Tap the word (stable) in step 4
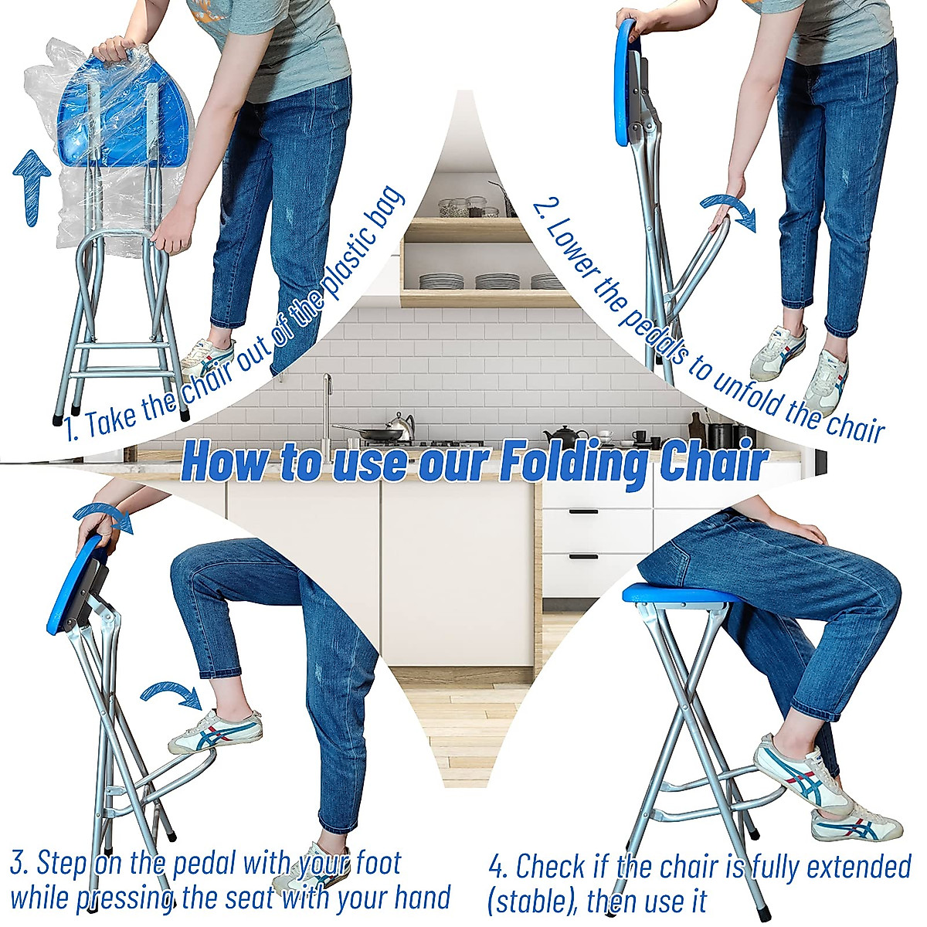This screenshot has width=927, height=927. coord(531,901)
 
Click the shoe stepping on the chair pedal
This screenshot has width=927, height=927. coord(216,732)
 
